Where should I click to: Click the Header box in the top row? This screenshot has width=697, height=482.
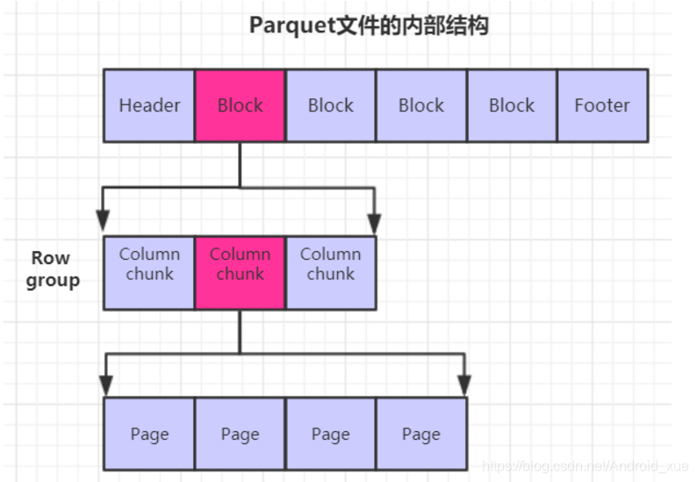point(149,105)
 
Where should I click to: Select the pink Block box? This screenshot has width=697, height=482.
point(240,105)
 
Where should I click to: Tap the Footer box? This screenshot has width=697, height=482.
point(602,105)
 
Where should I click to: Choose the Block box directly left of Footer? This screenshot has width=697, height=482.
point(512,105)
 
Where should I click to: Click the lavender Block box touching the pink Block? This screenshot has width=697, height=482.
point(330,105)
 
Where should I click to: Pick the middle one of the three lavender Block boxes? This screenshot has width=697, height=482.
point(421,105)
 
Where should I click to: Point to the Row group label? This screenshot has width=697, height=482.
point(52,270)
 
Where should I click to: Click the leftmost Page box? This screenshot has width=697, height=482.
point(149,434)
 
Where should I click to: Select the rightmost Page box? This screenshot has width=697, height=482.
point(421,434)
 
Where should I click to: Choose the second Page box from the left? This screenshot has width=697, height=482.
point(240,434)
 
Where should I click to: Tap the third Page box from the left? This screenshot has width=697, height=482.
point(330,434)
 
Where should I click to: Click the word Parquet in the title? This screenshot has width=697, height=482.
point(291,25)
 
